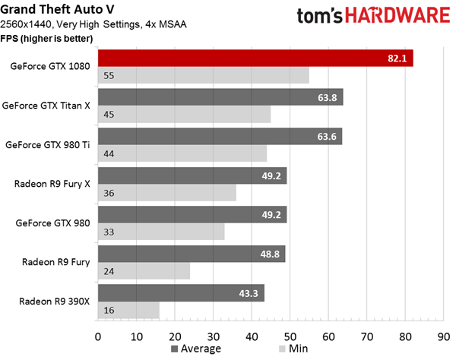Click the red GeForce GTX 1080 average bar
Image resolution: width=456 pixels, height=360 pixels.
[255, 58]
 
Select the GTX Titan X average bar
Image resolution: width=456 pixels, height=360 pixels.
[220, 97]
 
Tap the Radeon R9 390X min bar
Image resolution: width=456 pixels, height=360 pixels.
[128, 311]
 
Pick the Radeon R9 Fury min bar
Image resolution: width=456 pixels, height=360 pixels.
[144, 271]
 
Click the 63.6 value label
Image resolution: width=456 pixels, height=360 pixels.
[327, 137]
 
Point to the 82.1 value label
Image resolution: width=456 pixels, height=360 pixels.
[397, 58]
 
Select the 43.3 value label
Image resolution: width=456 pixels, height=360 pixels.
[249, 293]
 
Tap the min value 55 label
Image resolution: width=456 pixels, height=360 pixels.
[109, 76]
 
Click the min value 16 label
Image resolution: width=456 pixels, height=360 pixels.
[109, 311]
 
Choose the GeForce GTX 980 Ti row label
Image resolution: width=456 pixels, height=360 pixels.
[48, 145]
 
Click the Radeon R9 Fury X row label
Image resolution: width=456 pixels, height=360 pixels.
[52, 184]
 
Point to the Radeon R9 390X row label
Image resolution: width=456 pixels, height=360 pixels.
[55, 302]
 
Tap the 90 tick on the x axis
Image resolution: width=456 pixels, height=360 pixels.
[444, 336]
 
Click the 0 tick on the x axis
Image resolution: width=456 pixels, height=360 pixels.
[98, 336]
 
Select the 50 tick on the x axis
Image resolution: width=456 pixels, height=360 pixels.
[290, 336]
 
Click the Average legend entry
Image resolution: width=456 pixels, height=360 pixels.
[196, 349]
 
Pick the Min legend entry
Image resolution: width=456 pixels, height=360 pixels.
[293, 349]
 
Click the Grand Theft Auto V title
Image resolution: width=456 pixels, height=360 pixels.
[57, 9]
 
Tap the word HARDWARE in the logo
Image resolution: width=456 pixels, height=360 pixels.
[397, 15]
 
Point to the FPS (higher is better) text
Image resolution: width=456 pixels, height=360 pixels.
[46, 39]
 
